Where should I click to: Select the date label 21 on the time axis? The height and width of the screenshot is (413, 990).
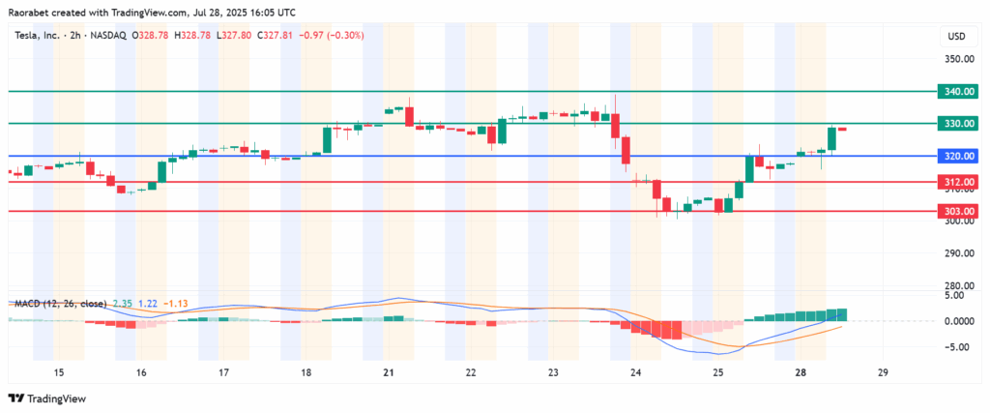389,372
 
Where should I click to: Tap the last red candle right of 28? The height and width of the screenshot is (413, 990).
842,129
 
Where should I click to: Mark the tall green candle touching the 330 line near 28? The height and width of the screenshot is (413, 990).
831,138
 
